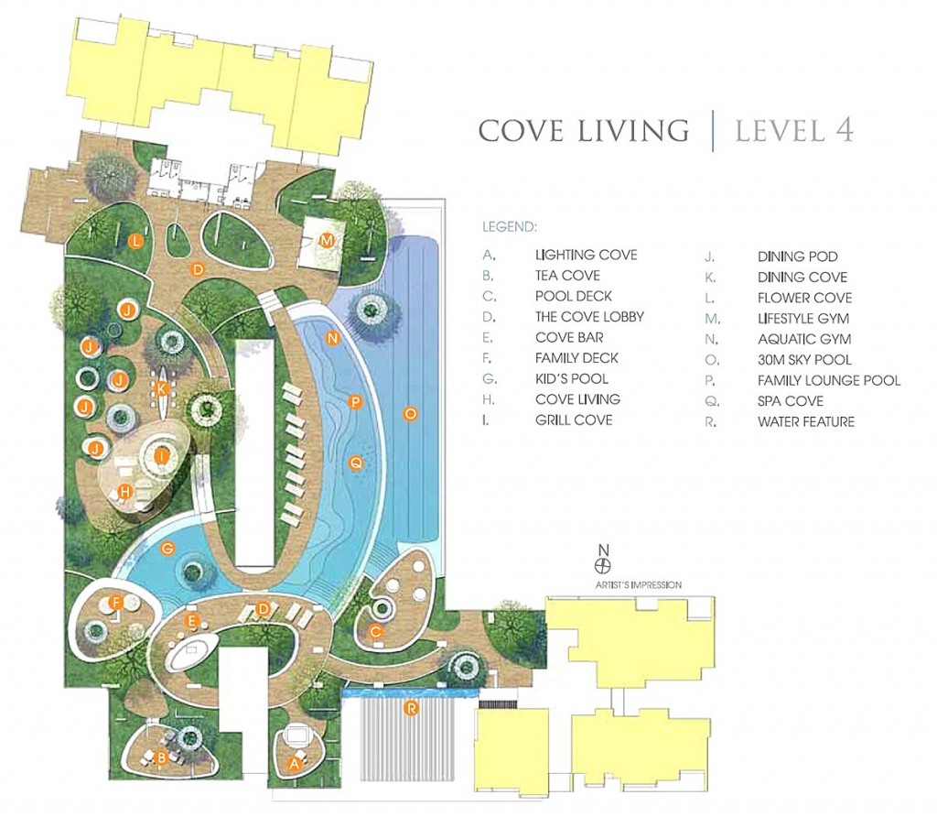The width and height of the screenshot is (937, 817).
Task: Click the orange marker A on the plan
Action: pos(294,763)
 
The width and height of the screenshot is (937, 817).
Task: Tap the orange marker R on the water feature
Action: pos(411,709)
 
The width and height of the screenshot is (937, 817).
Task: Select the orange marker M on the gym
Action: pos(327,241)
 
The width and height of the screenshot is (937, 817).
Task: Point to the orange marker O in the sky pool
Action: pos(410,413)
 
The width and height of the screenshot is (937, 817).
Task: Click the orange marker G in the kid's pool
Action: pos(168,547)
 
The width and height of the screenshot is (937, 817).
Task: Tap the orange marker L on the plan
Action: pos(136,241)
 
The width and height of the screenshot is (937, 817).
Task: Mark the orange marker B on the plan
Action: pos(160,757)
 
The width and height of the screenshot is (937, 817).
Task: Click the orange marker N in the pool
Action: pos(333,339)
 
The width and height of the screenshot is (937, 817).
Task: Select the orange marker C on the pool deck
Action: pos(376,631)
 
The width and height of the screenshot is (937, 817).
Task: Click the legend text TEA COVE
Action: pos(567,275)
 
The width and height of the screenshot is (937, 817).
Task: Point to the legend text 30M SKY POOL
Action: pos(804,359)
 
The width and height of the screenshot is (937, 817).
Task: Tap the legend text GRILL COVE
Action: pos(574,419)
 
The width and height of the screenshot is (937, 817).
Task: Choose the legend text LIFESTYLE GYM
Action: pos(803,318)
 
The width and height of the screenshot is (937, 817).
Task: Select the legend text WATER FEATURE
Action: pos(806,421)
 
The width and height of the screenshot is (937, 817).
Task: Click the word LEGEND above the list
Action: pos(510,226)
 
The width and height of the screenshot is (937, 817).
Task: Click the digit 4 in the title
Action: pos(844,130)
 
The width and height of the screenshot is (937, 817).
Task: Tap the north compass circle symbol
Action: pos(604,564)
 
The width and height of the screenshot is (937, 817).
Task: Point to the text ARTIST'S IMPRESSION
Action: pos(638,585)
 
